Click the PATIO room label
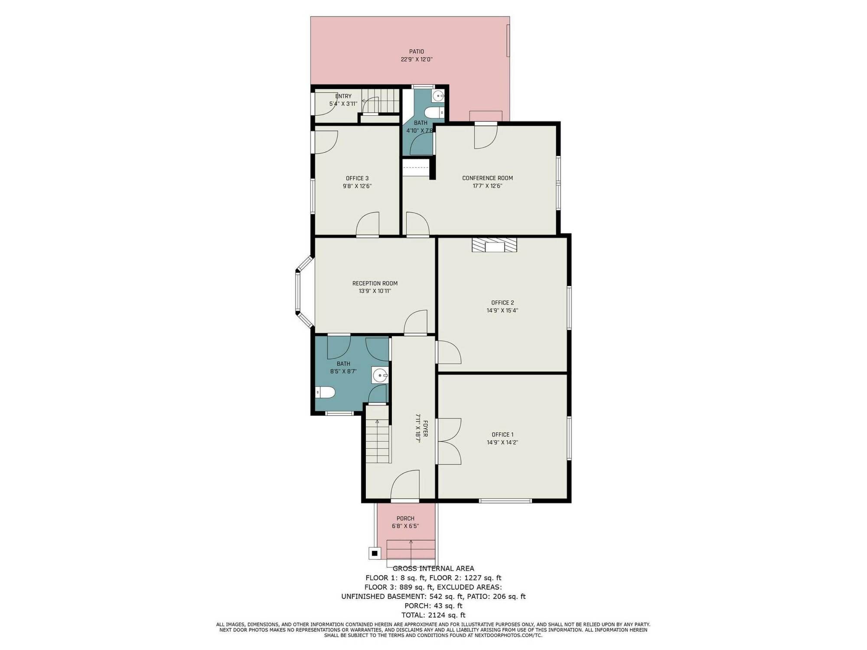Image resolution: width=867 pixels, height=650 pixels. (417, 52)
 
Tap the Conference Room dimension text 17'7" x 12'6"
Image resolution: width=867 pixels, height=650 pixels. (488, 186)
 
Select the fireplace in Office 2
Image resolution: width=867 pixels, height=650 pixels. (494, 245)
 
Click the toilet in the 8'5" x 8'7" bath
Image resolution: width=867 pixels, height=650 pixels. (325, 393)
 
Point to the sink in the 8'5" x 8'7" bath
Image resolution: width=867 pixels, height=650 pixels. (380, 375)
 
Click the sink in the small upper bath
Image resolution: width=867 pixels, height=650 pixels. (438, 96)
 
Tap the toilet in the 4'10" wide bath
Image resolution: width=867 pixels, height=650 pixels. (434, 113)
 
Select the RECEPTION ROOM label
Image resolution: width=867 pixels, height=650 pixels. (375, 283)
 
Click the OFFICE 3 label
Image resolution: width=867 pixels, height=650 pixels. (357, 178)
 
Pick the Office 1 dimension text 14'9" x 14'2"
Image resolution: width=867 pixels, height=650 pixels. (502, 442)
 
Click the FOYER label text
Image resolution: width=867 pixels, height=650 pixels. (426, 428)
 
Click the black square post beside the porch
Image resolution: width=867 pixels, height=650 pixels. (375, 553)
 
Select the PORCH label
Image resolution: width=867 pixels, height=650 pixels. (405, 518)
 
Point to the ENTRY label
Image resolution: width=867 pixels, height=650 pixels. (343, 96)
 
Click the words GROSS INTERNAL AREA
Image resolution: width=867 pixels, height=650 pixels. (433, 569)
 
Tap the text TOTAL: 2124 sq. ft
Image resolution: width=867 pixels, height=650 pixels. (433, 615)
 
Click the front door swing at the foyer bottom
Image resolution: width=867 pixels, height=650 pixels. (405, 485)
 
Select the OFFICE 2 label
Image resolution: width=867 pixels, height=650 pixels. (502, 302)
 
